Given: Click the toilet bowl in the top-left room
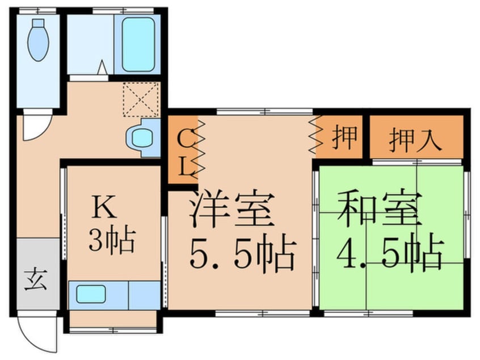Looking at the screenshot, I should (x=38, y=41).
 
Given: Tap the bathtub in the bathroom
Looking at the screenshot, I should (x=137, y=44).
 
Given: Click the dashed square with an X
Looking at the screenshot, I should (x=140, y=100).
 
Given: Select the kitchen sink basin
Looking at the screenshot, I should (x=91, y=294).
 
